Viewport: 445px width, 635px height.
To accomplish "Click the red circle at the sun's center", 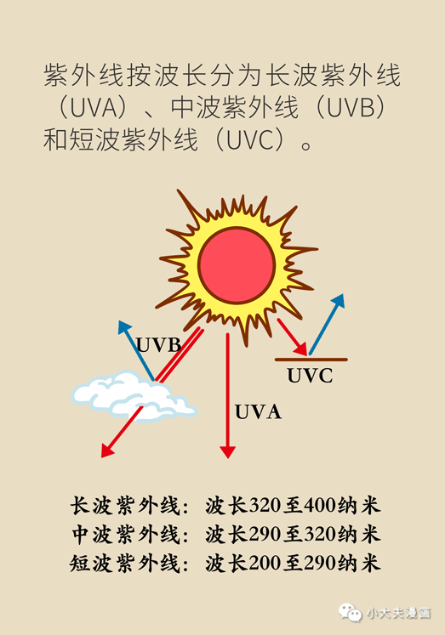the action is point(237,265).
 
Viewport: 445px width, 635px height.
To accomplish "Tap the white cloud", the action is point(132,398).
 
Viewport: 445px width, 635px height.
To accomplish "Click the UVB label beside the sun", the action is point(158,345).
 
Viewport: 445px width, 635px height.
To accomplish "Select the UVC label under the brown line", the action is point(310,376).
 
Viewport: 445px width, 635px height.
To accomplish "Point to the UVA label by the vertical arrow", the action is point(258,412).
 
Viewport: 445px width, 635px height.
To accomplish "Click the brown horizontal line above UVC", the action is point(311,360).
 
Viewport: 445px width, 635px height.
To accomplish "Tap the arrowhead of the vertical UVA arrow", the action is point(228,452).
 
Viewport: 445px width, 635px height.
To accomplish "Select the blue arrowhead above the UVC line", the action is point(339,301).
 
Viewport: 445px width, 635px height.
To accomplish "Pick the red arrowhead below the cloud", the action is point(107,451).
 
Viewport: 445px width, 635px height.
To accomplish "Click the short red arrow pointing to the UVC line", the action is point(292,337).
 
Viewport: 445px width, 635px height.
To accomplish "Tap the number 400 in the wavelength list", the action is point(319,506).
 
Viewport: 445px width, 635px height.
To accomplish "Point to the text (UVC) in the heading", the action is point(250,139).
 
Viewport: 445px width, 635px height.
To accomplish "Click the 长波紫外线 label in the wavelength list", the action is point(125,506).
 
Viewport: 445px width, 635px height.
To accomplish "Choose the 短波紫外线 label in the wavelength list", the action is point(125,564).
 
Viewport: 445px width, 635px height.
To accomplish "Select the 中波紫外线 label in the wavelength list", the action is point(125,535).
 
